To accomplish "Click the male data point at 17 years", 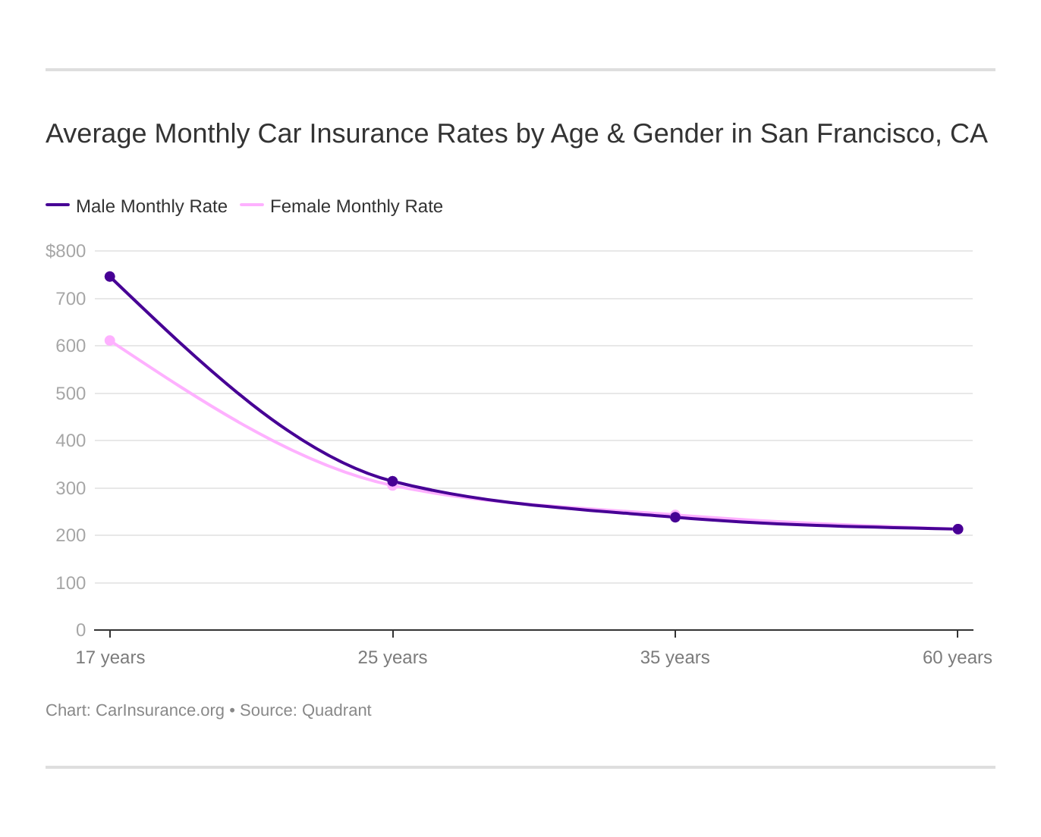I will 110,277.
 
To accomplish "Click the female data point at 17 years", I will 110,341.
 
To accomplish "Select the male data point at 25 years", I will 392,481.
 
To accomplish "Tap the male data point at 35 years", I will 675,517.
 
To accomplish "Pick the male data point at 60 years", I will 958,529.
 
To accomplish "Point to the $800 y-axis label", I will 66,251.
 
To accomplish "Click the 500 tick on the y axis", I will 71,393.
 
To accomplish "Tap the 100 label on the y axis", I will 71,583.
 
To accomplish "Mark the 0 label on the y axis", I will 80,630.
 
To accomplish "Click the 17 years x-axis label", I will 110,657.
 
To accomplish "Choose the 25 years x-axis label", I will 392,657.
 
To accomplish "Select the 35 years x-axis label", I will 675,657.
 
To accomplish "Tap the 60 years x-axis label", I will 957,657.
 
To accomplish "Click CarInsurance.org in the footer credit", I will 160,710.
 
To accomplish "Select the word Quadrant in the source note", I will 336,710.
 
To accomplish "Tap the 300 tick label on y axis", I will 71,488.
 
